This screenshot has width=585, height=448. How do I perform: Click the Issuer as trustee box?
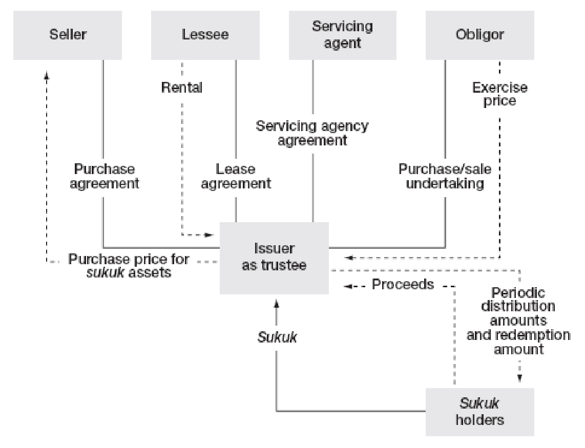pyautogui.click(x=274, y=258)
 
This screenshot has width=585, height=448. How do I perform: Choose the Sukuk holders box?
pyautogui.click(x=479, y=412)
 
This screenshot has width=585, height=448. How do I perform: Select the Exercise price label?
pyautogui.click(x=499, y=94)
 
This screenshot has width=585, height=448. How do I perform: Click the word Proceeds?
pyautogui.click(x=403, y=285)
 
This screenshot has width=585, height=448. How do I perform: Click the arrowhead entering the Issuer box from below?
pyautogui.click(x=277, y=304)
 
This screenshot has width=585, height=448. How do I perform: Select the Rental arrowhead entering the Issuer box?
pyautogui.click(x=210, y=235)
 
